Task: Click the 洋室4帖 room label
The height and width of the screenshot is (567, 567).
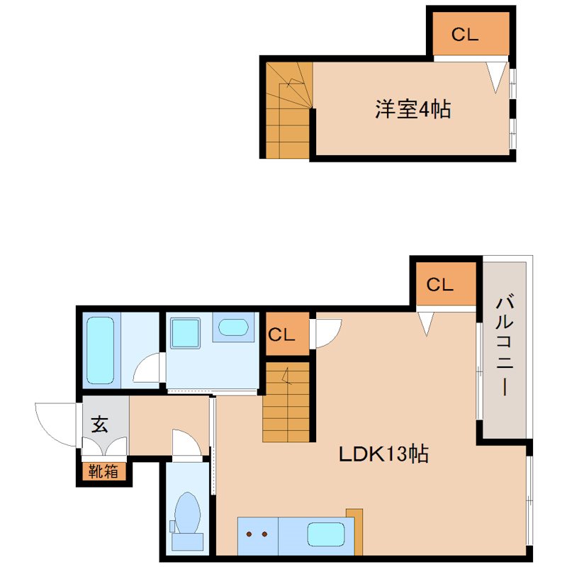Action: pos(412,109)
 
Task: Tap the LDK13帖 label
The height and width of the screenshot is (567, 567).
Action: pos(383,454)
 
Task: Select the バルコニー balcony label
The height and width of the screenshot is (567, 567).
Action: pos(505,345)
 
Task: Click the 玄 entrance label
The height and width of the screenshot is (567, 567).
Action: pos(99,424)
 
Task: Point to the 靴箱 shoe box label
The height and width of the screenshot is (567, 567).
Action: pos(103,471)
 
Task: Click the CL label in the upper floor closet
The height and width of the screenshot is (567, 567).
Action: pos(465,35)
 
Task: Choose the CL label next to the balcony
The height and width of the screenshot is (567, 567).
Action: pos(439,285)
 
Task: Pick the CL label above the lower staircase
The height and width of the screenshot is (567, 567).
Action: pos(281,335)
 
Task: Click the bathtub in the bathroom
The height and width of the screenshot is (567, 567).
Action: pos(100,350)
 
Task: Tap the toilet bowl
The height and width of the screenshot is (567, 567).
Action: pos(187,512)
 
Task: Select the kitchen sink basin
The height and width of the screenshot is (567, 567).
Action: pos(326,534)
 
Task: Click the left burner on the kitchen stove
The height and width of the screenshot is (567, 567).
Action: pos(249,534)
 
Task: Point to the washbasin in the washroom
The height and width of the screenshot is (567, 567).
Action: pos(233,327)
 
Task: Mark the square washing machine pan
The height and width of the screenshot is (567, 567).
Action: pos(185,333)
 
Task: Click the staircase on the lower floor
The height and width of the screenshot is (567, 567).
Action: pos(286,402)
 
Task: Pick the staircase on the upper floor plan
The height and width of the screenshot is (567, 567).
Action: pos(288,110)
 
